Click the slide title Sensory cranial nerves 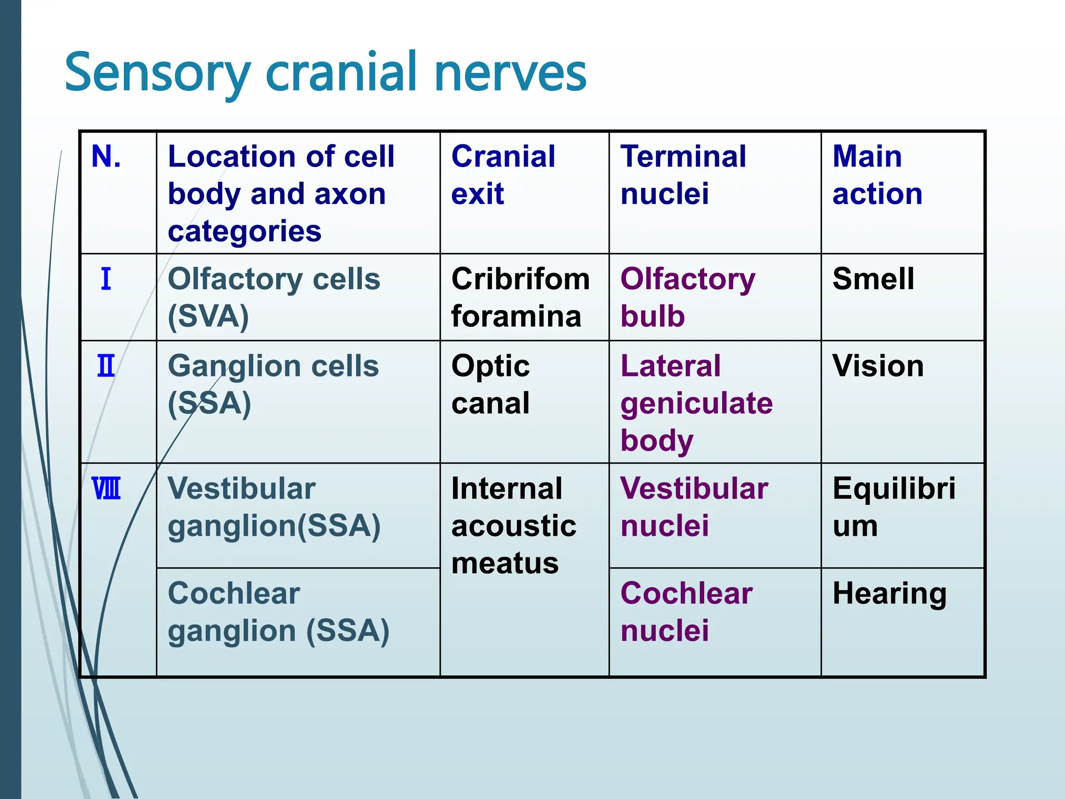(x=326, y=73)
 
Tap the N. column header (x=107, y=157)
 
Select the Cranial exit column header (x=503, y=175)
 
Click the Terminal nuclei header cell (x=683, y=175)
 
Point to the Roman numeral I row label (x=106, y=279)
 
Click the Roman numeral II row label (x=106, y=366)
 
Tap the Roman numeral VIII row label (x=106, y=489)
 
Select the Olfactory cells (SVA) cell (x=274, y=298)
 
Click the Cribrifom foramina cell (x=520, y=298)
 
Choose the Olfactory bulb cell (x=687, y=298)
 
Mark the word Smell (x=873, y=279)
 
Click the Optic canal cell (x=490, y=384)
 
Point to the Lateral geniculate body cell (x=696, y=403)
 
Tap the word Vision (x=878, y=366)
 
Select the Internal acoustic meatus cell (x=513, y=526)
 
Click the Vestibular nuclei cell (x=694, y=507)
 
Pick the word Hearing (x=889, y=594)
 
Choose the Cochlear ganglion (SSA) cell (x=278, y=612)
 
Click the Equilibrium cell (x=893, y=507)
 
